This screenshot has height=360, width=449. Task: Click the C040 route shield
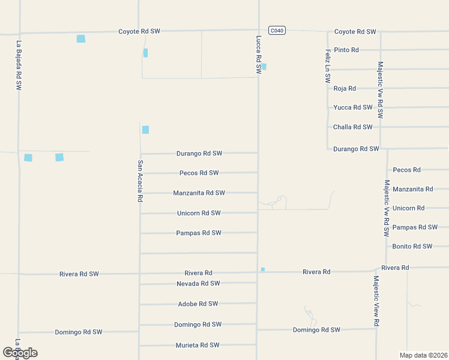pos(276,31)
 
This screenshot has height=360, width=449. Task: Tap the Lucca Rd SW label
pos(259,55)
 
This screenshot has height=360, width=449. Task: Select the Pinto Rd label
pos(346,50)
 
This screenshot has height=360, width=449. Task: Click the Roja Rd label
pos(345,88)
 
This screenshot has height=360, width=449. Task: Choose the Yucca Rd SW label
pos(353,107)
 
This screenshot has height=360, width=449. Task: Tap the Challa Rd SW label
pos(353,127)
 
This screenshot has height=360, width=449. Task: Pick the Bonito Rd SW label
pos(412,246)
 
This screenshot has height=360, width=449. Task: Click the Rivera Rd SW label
pos(79,274)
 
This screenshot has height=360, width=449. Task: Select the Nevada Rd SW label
pos(198,283)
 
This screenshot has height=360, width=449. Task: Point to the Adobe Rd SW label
pos(198,304)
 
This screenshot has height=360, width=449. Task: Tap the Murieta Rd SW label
pos(197,345)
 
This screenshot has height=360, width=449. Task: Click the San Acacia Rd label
pos(140,181)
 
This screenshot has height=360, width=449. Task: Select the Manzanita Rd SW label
pos(199,193)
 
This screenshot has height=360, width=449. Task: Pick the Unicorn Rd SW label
pos(199,213)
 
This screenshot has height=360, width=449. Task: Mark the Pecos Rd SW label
pos(199,173)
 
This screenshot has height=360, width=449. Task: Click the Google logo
pos(20,352)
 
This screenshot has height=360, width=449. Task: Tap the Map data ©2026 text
pos(423,355)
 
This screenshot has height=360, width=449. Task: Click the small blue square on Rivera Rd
pos(263,269)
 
